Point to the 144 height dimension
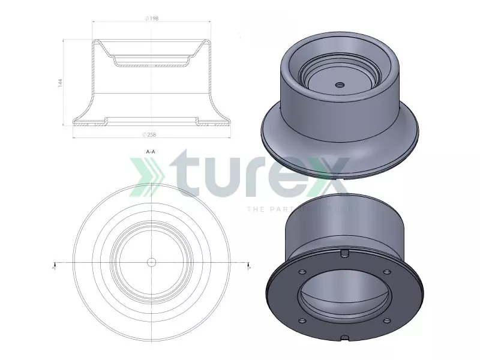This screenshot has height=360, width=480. [x=60, y=83]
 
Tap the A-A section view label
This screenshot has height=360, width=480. [x=151, y=152]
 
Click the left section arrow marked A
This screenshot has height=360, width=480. [x=55, y=264]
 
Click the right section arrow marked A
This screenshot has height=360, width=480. [x=249, y=264]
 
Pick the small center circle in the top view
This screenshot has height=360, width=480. [x=151, y=262]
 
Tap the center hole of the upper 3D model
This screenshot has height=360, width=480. [x=340, y=85]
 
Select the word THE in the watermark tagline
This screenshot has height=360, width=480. [x=254, y=209]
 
